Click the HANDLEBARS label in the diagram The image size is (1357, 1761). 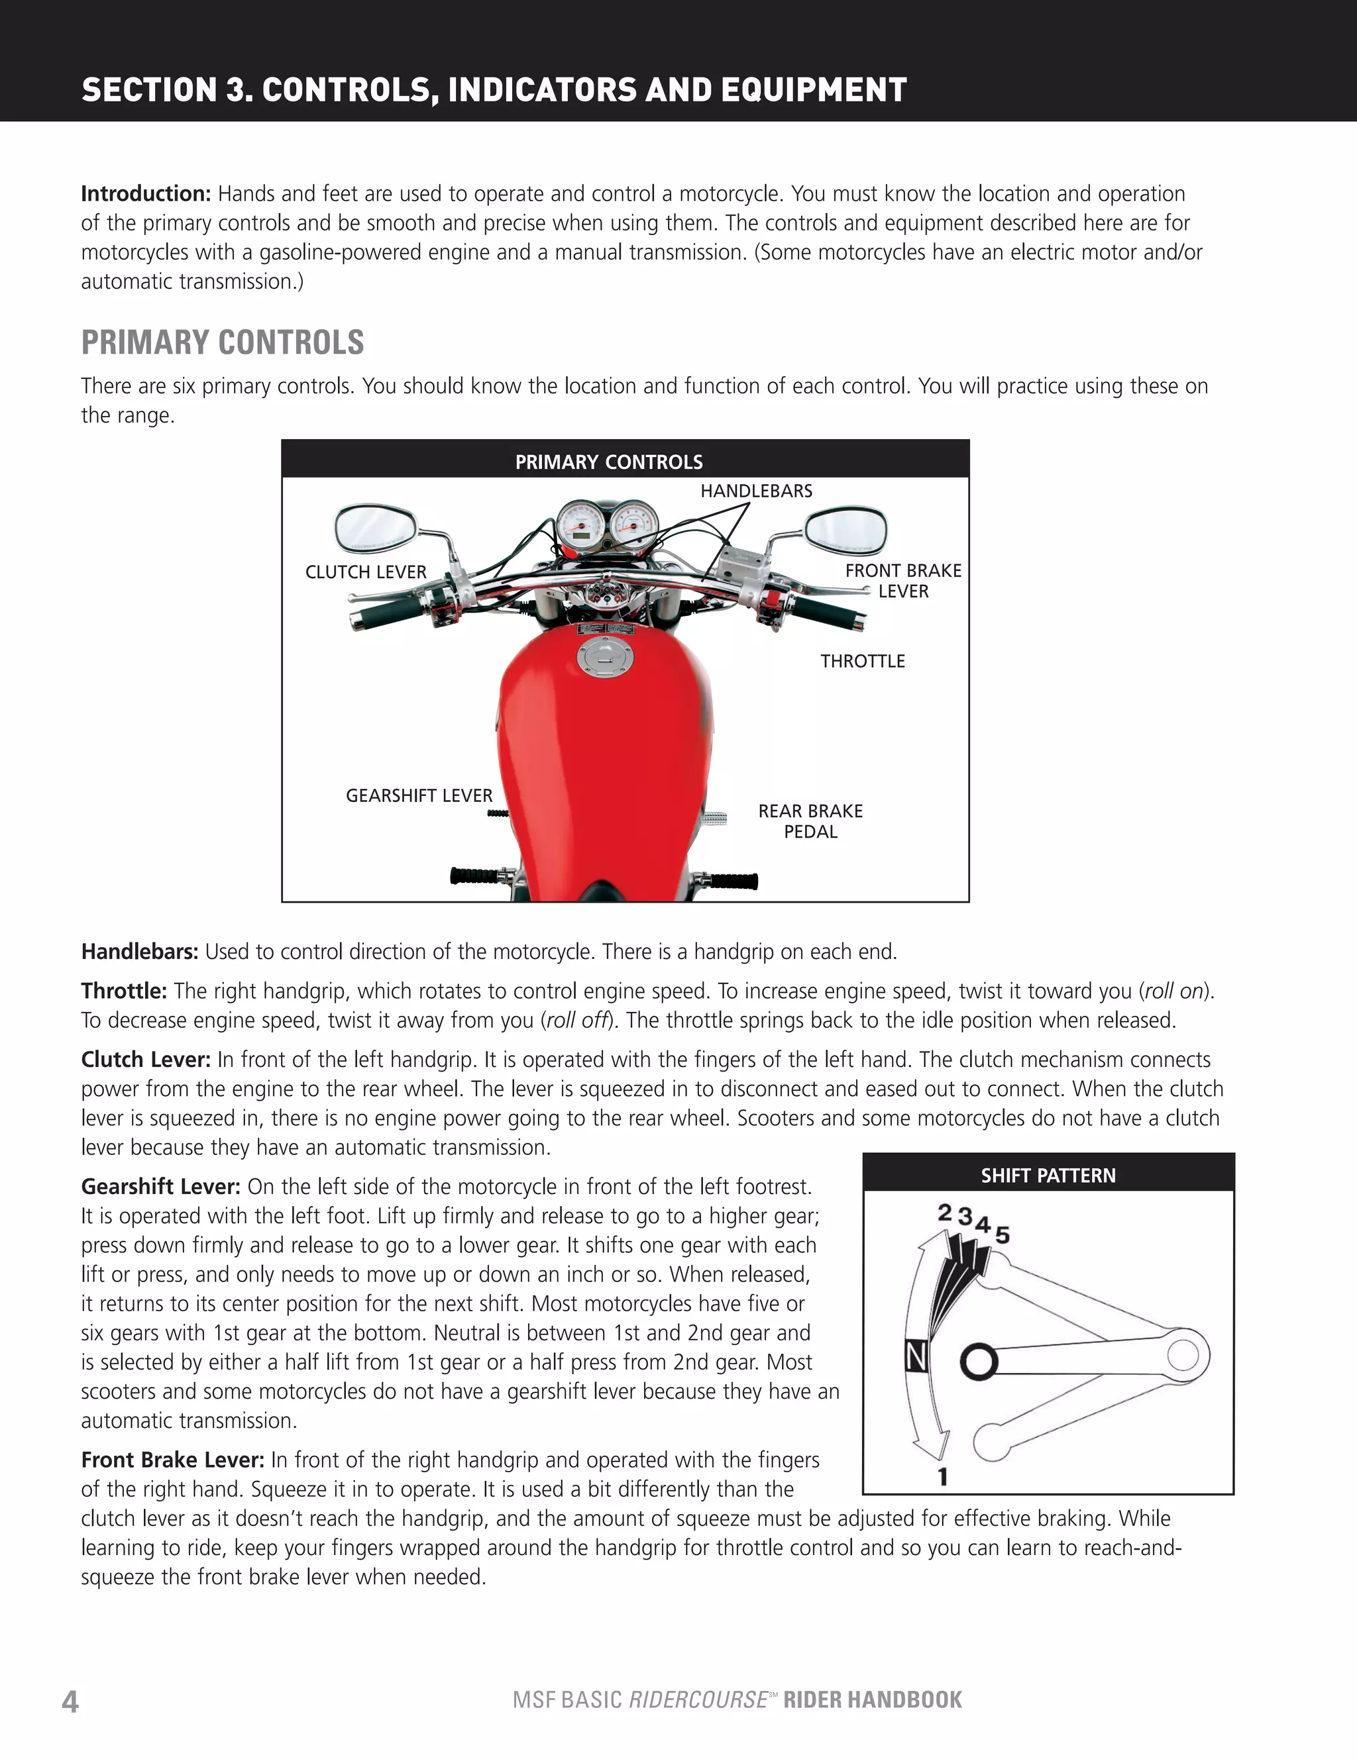[x=756, y=490]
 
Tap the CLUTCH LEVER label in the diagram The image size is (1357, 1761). [x=366, y=572]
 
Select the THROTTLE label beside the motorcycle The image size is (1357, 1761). [x=863, y=661]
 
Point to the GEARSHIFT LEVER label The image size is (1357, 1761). [x=419, y=796]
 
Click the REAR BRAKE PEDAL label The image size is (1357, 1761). [x=810, y=821]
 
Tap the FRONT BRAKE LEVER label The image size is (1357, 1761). [x=902, y=581]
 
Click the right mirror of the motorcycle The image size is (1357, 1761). [x=845, y=530]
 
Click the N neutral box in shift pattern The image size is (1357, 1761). [x=916, y=1357]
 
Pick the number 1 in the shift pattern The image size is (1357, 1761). [x=942, y=1476]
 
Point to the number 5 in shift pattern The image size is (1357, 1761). [x=1002, y=1234]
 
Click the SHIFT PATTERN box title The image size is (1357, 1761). [x=1048, y=1176]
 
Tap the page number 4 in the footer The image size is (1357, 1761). [x=70, y=1701]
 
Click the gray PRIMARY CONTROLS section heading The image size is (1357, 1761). [x=223, y=342]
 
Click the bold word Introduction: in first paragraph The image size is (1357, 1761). [x=145, y=194]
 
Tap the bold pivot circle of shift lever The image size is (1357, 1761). [x=979, y=1362]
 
